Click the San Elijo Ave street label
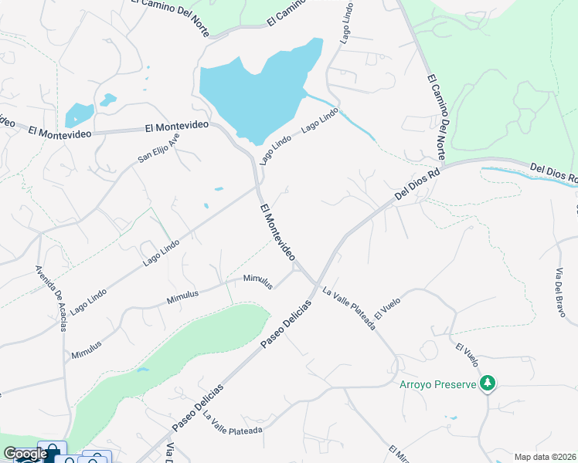tap(158, 147)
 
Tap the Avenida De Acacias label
tap(52, 298)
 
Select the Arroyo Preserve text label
tap(438, 384)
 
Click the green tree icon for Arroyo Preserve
tap(487, 383)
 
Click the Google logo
tap(25, 454)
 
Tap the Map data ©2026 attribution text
tap(545, 457)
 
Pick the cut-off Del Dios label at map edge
tap(553, 173)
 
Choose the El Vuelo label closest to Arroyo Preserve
tap(468, 355)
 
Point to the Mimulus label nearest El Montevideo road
tap(258, 281)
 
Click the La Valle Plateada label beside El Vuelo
tap(348, 309)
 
